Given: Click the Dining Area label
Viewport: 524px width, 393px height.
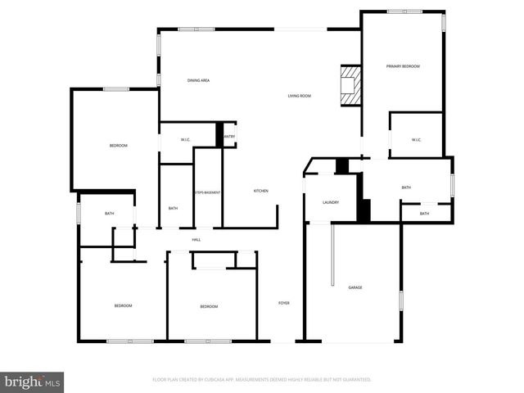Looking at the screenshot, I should click(x=199, y=80).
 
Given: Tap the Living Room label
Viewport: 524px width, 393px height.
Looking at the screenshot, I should click(x=299, y=97).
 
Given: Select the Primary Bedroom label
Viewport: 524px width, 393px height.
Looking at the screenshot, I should click(x=404, y=65).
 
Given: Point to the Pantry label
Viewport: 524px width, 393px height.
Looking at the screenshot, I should click(x=229, y=136).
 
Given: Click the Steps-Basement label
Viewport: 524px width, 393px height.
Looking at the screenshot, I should click(x=207, y=192).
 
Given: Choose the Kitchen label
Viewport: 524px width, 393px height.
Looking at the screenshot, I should click(x=260, y=191).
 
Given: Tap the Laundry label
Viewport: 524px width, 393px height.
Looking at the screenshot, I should click(x=331, y=202).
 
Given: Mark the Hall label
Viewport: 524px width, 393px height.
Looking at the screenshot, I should click(x=196, y=239).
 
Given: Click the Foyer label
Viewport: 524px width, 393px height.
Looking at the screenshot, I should click(x=284, y=303).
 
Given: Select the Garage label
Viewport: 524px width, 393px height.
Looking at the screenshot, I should click(x=355, y=287).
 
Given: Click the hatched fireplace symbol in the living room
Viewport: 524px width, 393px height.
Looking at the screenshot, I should click(x=350, y=85).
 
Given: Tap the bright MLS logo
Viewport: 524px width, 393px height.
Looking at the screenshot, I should click(x=32, y=382).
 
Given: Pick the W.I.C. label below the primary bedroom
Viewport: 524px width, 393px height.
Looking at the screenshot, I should click(x=416, y=140).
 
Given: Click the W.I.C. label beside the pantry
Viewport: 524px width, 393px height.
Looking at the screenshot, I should click(x=187, y=138).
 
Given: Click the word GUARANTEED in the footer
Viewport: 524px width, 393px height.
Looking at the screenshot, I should click(x=355, y=380).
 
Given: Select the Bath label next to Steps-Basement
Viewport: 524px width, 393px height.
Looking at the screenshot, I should click(x=173, y=208).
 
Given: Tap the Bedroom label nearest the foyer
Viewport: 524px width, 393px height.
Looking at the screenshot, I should click(x=209, y=306).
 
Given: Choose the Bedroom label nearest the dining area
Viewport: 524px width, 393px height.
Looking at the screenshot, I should click(x=119, y=146).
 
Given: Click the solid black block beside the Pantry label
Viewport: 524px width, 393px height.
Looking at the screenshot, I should click(x=219, y=135).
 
